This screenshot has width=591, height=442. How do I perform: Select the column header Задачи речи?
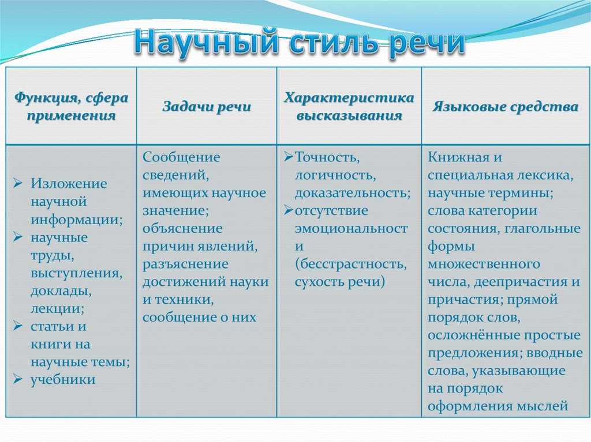point(207,107)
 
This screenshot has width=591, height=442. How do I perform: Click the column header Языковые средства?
point(506,107)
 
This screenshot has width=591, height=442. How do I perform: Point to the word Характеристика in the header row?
point(349,97)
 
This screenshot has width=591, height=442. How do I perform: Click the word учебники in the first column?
point(63,380)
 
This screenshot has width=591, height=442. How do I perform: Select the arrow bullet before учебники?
point(18,380)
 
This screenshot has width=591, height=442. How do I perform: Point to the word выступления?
point(76,273)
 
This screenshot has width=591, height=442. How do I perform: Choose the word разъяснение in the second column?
point(185,264)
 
